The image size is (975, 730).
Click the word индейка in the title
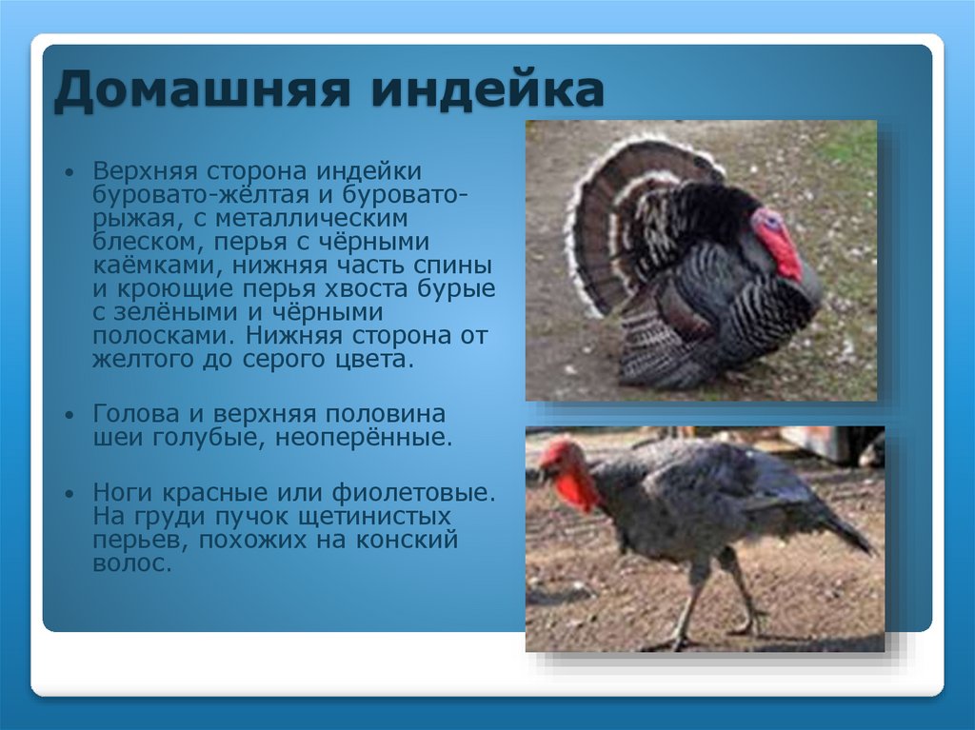pyautogui.click(x=487, y=92)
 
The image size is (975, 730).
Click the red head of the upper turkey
pyautogui.click(x=776, y=238)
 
